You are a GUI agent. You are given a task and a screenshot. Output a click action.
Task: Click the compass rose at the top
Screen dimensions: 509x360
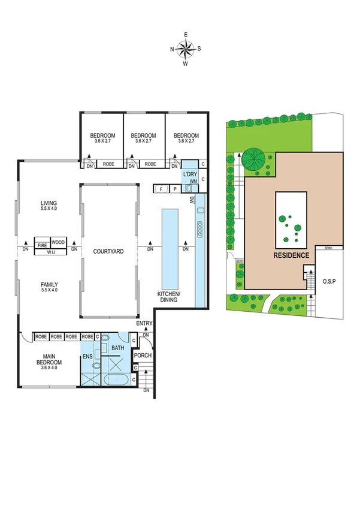[x=186, y=49]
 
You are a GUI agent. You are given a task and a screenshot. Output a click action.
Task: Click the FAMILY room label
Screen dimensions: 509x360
[x=48, y=287]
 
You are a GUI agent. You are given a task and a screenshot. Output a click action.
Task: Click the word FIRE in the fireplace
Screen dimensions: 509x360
[x=43, y=245]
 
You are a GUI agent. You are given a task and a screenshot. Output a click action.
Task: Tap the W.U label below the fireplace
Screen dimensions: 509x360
[x=50, y=252]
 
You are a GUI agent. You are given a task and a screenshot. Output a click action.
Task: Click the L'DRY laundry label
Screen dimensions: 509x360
[x=190, y=174]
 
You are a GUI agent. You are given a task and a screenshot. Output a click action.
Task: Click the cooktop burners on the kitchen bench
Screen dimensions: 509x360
[x=199, y=228]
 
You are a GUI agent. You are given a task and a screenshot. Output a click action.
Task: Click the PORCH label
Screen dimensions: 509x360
[x=143, y=356]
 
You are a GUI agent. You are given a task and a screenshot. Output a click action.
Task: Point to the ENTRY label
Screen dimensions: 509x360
[x=144, y=324]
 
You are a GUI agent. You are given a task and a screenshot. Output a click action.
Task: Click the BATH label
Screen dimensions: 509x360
[x=118, y=347]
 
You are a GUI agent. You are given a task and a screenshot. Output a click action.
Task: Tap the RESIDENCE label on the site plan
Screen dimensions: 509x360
[x=292, y=255]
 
